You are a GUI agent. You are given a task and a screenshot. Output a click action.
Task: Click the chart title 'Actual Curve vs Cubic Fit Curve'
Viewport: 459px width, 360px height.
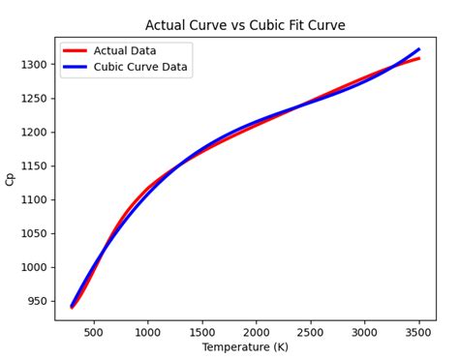[x=245, y=25]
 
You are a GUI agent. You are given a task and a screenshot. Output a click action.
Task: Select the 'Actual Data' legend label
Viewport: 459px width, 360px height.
[x=125, y=51]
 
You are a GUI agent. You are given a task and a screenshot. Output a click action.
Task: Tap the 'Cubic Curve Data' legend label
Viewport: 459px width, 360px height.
[x=140, y=68]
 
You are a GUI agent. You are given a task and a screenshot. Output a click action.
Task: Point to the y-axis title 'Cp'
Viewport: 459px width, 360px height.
[x=11, y=179]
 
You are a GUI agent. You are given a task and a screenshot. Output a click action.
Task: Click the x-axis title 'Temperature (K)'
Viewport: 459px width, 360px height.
[x=245, y=347]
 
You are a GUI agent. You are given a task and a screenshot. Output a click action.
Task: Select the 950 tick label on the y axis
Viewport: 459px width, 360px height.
[x=37, y=301]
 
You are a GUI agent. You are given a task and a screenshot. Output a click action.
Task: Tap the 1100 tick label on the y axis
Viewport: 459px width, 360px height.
[x=34, y=199]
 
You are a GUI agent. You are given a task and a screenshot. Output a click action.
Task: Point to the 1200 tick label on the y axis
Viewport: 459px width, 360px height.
[x=34, y=132]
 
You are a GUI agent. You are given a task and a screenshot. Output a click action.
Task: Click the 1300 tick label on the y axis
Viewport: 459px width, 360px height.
[x=34, y=64]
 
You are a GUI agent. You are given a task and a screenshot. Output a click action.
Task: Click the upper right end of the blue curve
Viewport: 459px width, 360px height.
[x=418, y=49]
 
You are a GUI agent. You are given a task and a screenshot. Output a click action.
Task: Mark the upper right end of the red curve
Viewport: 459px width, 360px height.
[x=418, y=58]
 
